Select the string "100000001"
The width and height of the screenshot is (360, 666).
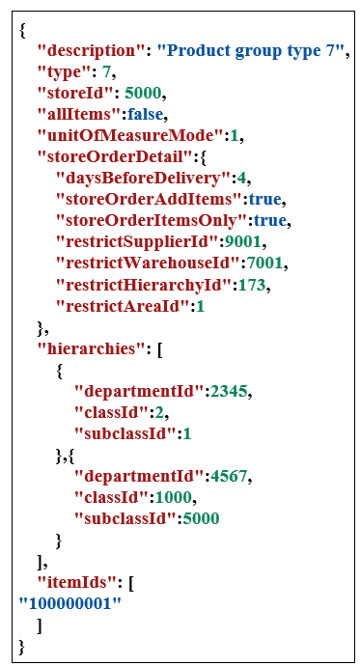[x=69, y=603]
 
